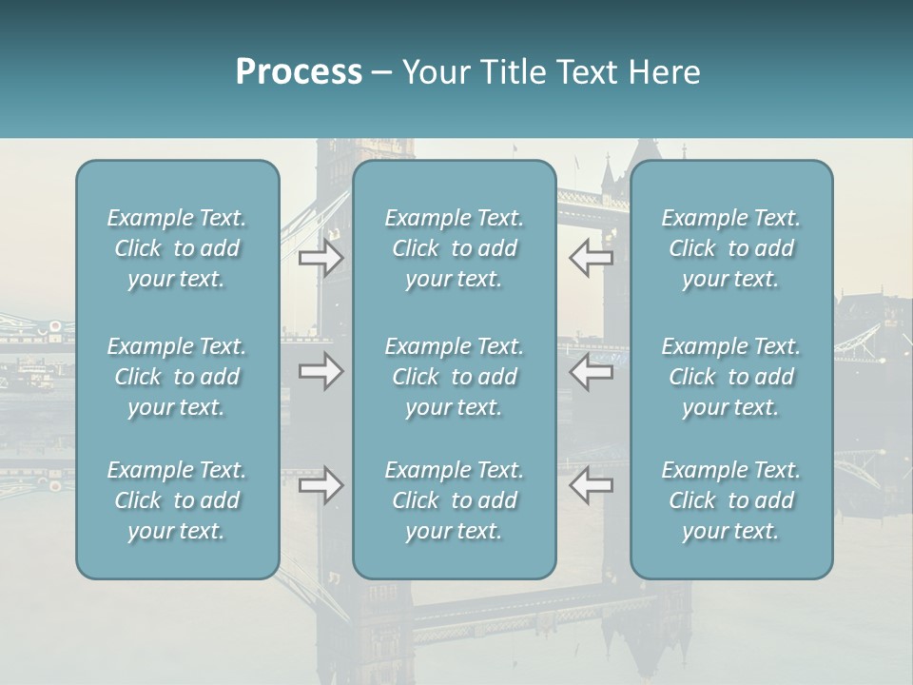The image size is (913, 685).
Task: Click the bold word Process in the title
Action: (299, 72)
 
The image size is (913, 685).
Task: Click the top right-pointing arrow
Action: (321, 258)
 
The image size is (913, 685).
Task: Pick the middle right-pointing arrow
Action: (321, 371)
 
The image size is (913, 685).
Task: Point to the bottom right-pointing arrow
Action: (321, 485)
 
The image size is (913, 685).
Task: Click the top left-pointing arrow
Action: (592, 258)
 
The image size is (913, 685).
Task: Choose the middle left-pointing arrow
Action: (592, 371)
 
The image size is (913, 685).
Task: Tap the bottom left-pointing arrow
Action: (592, 485)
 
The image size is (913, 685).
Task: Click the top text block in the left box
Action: (177, 248)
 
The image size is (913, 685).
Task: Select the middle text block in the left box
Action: (177, 377)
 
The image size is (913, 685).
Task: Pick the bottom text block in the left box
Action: (177, 500)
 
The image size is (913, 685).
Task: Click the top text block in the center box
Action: (454, 248)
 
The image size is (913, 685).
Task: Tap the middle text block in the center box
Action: (454, 377)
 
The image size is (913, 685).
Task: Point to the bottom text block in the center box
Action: (454, 500)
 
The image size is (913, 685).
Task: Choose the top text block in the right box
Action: (730, 248)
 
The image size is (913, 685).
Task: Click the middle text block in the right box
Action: (730, 377)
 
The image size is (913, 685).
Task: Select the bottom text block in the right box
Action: (730, 500)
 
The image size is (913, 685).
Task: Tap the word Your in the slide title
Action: (433, 72)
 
